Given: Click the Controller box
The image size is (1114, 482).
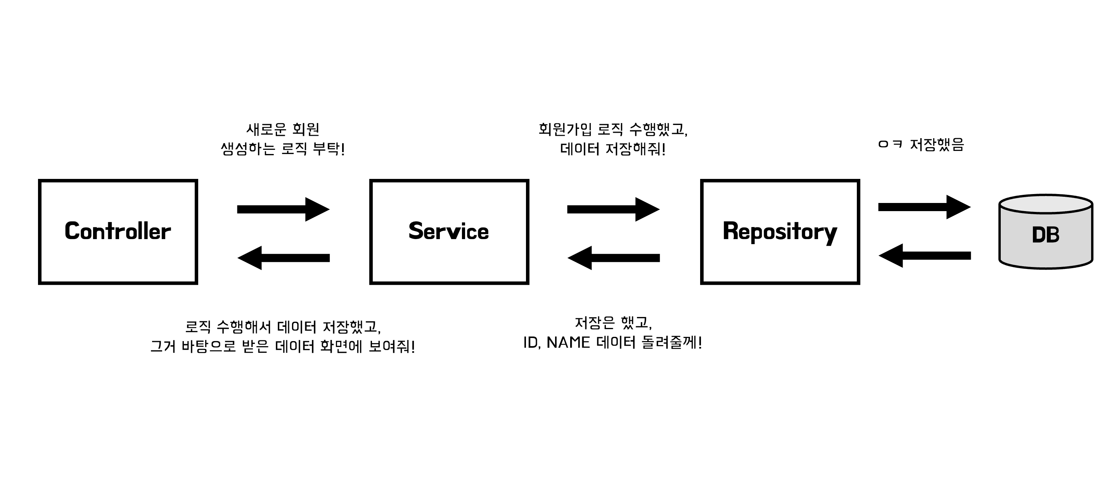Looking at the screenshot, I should coord(118,231).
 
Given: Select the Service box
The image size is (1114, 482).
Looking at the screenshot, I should coord(449,231).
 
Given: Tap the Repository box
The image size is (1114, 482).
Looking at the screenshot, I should coord(780,231).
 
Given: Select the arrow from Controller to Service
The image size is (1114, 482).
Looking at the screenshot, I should coord(283,210).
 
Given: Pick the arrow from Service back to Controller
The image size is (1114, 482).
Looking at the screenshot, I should coord(283,258).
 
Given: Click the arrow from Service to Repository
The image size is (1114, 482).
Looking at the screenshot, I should coord(613,210).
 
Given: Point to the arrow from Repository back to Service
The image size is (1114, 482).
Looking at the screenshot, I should coord(613,258).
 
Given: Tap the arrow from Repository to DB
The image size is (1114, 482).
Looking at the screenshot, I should coord(924,207).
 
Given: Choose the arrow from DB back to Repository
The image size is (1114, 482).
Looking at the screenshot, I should coord(924,256).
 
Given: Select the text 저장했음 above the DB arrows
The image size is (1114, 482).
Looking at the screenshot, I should coord(937,144).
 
